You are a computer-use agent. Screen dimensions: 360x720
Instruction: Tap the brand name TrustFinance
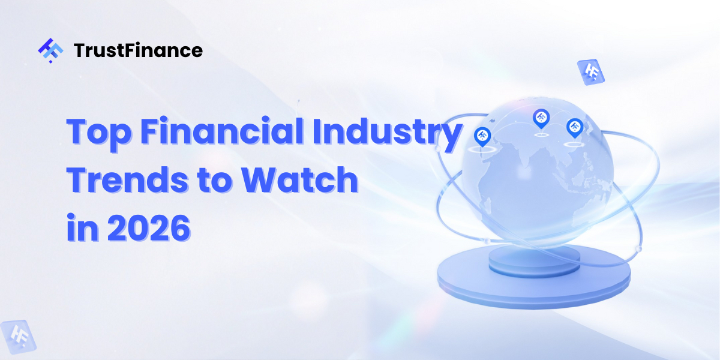138,51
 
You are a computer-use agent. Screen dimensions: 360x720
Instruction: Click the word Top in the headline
98,132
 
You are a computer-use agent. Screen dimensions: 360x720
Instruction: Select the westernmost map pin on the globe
482,136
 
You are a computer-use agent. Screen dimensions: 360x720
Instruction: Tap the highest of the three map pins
541,118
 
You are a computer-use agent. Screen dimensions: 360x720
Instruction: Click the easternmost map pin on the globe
575,127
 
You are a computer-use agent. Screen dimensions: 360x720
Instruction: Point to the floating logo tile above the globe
590,72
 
